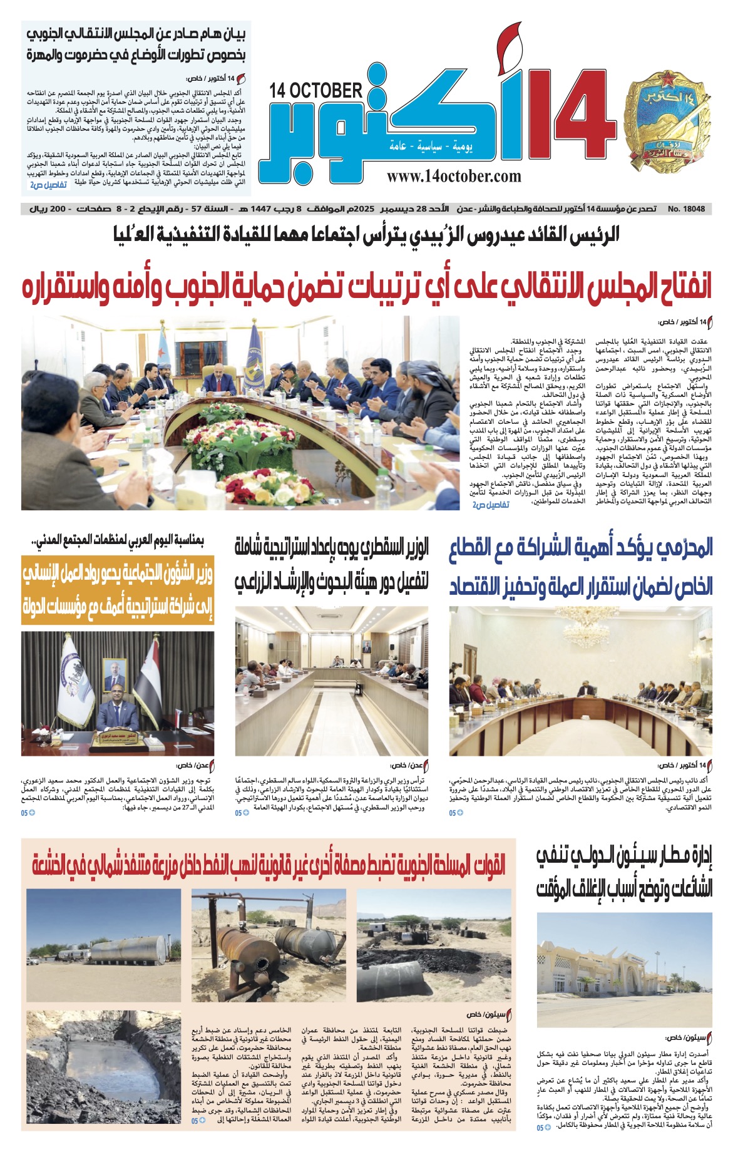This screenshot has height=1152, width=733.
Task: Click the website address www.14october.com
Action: pyautogui.click(x=454, y=176)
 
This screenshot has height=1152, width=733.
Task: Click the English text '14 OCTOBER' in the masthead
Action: pyautogui.click(x=315, y=91)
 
